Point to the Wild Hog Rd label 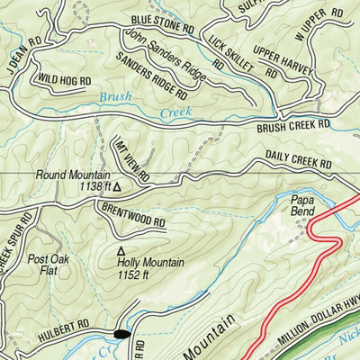[64, 79]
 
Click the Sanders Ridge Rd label [152, 76]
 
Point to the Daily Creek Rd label [297, 159]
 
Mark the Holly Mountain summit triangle [121, 251]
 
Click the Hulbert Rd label [66, 323]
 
